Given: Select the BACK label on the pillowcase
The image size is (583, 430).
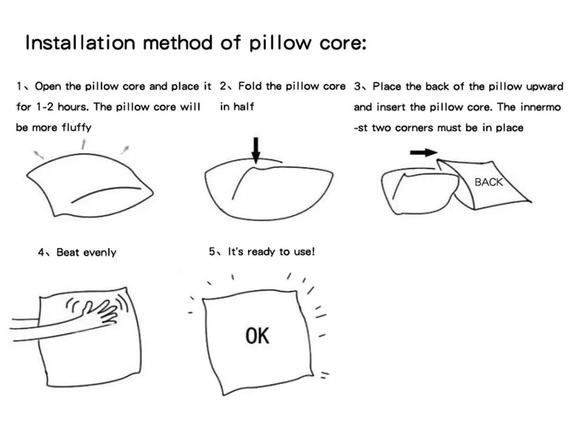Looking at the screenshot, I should point(488,182).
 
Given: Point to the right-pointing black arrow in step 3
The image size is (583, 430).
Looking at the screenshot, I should point(423,152).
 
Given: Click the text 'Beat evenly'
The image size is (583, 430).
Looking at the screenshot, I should point(86,253).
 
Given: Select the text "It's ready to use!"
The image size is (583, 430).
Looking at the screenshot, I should point(271,251).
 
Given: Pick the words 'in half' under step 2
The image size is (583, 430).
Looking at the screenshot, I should point(237,107).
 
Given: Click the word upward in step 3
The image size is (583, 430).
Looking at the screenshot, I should point(545,86).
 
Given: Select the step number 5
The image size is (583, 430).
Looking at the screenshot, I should point(212,251).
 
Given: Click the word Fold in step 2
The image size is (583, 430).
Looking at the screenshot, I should point(251,86).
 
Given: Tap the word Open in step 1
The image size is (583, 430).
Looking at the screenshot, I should point(49,86).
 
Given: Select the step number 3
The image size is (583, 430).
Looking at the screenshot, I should point(358,86).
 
